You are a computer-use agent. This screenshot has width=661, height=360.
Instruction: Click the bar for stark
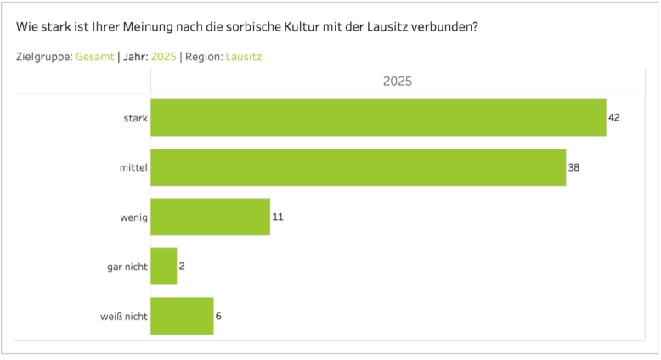click(378, 117)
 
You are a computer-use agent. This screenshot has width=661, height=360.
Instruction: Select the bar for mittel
click(358, 167)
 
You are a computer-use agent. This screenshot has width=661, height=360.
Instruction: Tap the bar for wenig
click(210, 217)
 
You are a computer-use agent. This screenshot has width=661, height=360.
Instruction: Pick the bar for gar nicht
click(163, 266)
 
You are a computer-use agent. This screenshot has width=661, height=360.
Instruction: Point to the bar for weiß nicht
click(182, 316)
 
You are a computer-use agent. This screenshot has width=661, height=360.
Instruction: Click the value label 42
click(614, 117)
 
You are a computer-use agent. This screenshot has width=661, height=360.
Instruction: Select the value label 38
click(573, 167)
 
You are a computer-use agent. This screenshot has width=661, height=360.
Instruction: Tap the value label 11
click(277, 217)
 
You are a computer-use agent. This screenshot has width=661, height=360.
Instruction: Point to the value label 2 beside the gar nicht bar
click(182, 266)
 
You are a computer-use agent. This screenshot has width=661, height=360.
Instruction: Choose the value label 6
click(218, 316)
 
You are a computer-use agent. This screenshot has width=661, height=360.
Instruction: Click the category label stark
click(135, 117)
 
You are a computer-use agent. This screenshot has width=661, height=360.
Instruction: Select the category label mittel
click(133, 167)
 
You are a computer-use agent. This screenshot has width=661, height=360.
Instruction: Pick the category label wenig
click(134, 217)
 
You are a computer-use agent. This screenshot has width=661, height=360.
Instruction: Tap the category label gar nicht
click(127, 266)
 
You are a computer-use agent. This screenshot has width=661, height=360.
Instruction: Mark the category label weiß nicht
click(124, 316)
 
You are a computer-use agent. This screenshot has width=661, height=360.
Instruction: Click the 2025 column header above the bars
click(398, 81)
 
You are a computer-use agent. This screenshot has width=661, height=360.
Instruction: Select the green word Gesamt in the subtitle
click(95, 57)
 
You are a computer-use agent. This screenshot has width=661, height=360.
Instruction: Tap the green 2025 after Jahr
click(163, 57)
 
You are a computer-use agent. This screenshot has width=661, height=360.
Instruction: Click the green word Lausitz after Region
click(244, 57)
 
